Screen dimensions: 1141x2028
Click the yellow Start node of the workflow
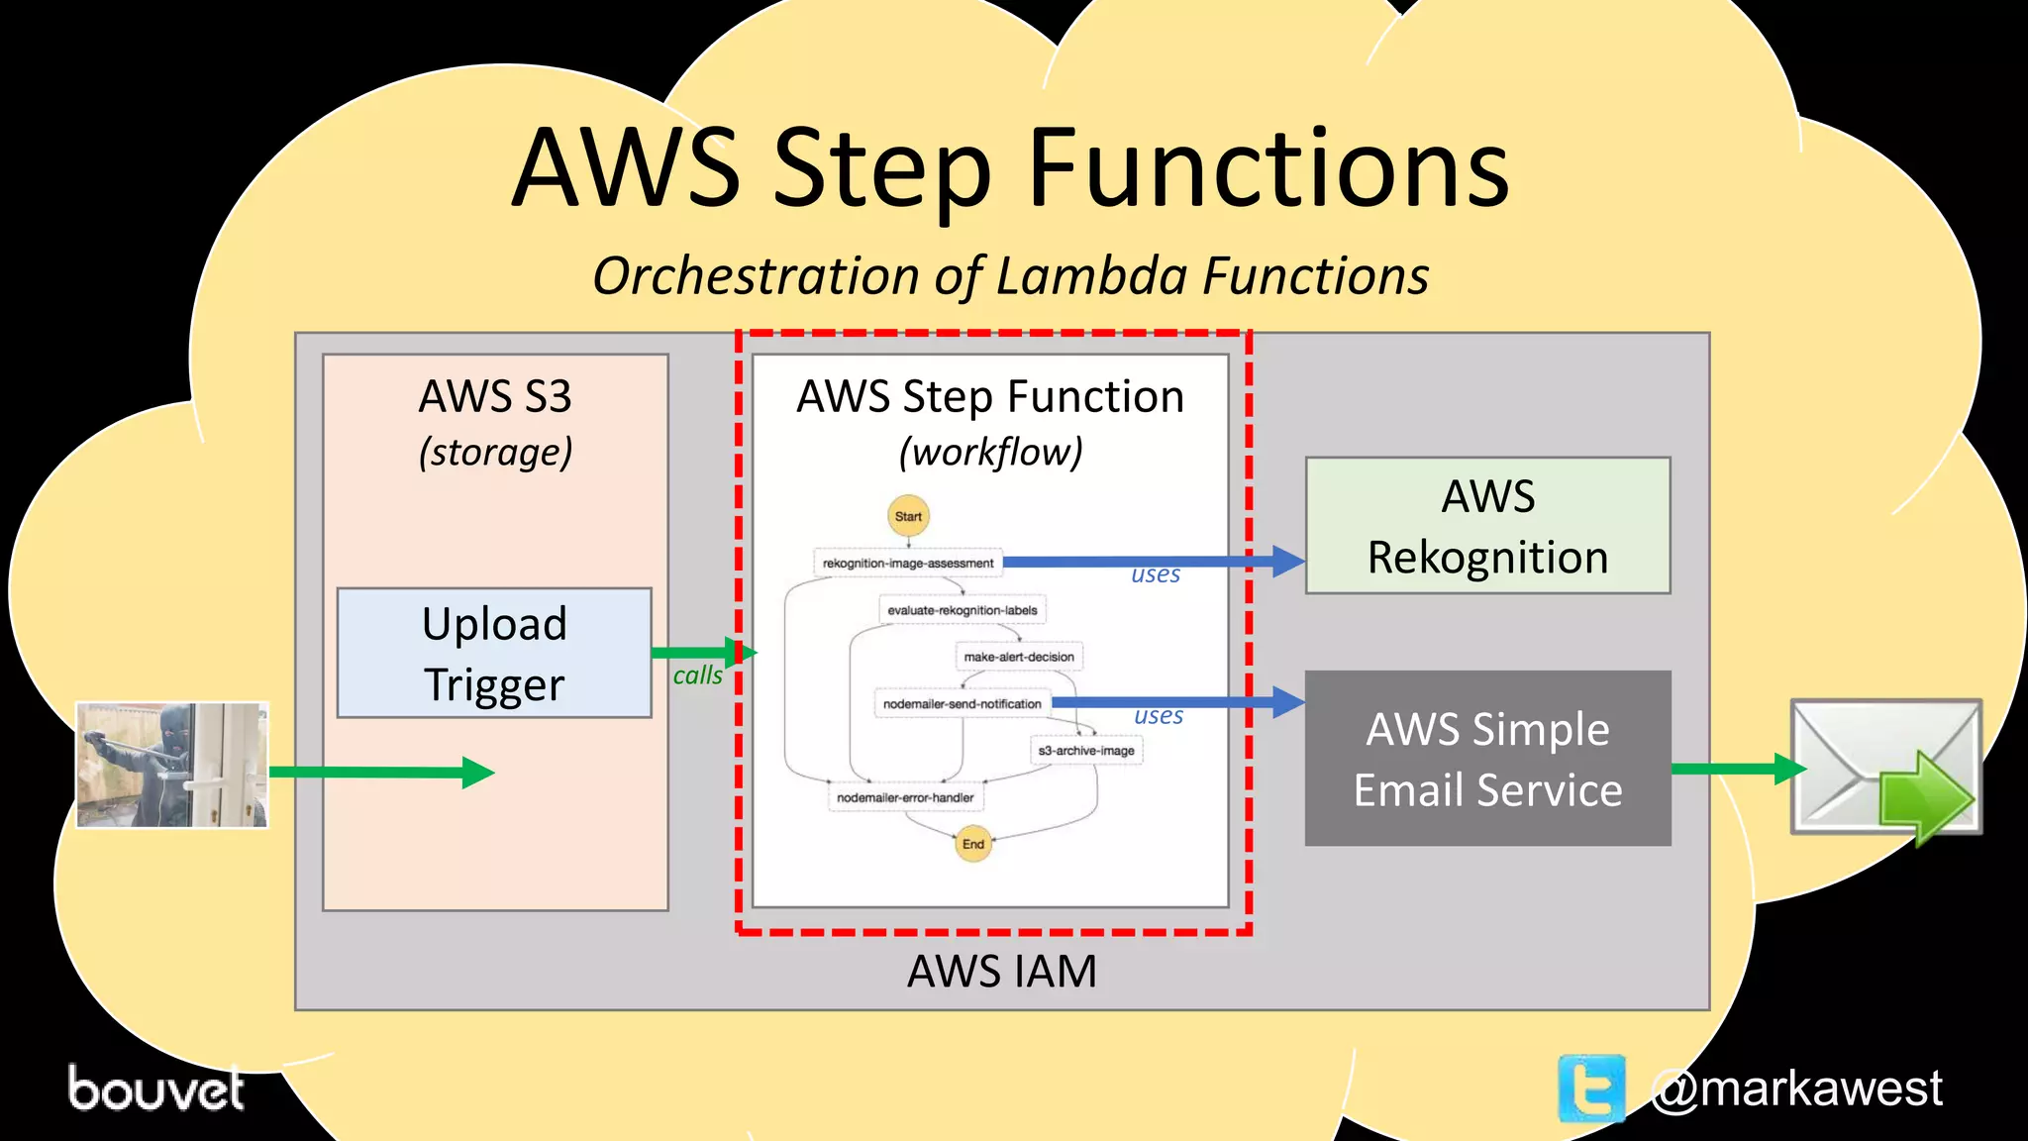point(908,516)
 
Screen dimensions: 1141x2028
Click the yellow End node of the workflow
point(973,844)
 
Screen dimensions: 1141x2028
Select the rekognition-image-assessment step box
point(908,563)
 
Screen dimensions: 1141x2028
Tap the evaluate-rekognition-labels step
point(962,610)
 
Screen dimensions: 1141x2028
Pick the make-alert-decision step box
point(1019,657)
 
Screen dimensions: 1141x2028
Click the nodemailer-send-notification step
point(962,704)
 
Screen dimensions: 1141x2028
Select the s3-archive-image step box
point(1086,751)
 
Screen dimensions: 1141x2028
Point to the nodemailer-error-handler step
point(905,797)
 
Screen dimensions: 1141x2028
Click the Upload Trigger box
point(494,653)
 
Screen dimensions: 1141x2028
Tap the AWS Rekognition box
point(1487,526)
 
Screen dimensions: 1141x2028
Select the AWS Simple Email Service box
point(1487,759)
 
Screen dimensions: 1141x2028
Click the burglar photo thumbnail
point(172,765)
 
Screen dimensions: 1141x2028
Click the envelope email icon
point(1885,769)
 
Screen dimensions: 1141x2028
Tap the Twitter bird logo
point(1591,1089)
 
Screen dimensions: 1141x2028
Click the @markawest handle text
point(1796,1089)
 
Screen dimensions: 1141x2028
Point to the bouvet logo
point(155,1089)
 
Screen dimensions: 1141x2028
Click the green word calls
point(697,675)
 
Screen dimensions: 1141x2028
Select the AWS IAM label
point(1002,971)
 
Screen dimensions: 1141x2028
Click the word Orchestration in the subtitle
point(757,275)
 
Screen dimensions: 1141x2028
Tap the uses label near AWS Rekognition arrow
point(1156,574)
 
